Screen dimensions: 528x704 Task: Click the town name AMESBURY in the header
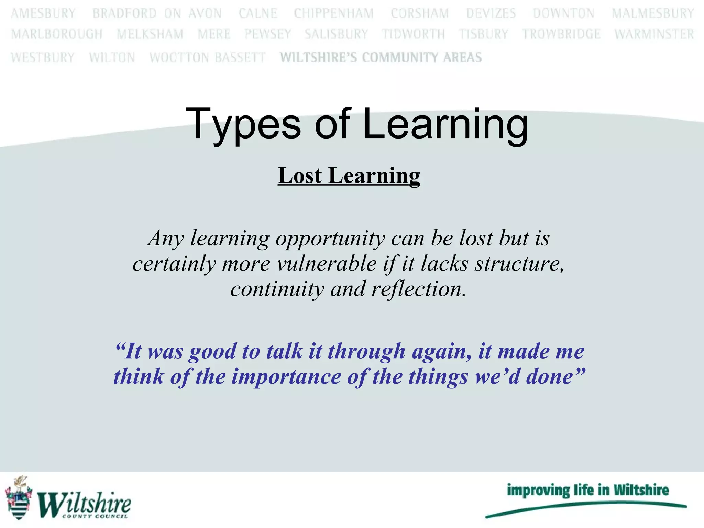(43, 13)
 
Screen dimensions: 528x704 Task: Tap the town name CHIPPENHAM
(334, 13)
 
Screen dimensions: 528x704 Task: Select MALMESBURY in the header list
(653, 13)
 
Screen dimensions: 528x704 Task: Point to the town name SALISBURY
(336, 34)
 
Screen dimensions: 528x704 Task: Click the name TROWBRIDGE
(561, 34)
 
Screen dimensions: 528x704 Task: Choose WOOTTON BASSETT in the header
(208, 57)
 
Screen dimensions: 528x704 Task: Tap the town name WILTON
(112, 57)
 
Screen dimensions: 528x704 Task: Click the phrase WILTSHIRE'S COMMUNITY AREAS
(381, 57)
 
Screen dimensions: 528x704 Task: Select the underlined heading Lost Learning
(349, 176)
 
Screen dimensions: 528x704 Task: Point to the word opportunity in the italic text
(330, 239)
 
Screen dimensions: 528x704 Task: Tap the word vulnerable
(327, 264)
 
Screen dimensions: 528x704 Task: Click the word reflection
(418, 289)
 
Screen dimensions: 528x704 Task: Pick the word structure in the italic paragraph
(519, 264)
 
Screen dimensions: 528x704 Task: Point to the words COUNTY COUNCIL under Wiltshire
(95, 516)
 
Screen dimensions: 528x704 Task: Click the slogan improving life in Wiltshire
(587, 490)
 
